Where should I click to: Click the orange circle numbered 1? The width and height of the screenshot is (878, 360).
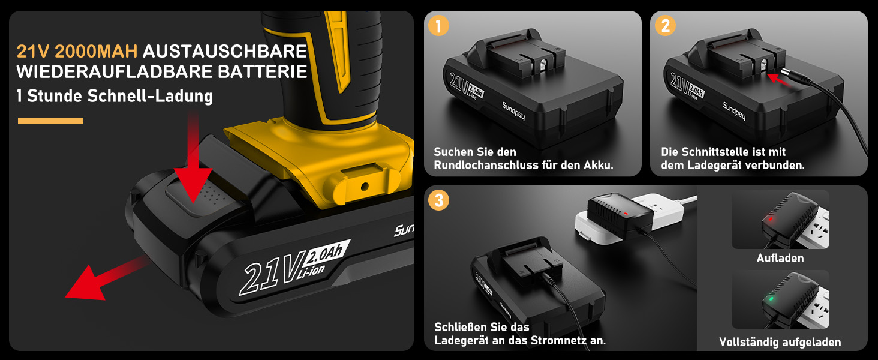point(438,26)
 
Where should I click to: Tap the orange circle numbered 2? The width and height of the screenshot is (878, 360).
point(665,26)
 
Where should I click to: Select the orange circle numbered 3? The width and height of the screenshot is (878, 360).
point(438,200)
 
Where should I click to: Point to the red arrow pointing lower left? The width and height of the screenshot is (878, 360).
point(106,278)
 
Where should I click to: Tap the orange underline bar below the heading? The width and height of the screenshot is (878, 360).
point(50,121)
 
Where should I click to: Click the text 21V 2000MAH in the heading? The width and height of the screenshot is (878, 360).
point(77,52)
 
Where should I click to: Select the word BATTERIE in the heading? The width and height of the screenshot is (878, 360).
point(262,72)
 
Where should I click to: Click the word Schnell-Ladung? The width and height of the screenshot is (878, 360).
point(150,96)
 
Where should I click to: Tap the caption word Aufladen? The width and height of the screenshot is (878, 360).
point(780,258)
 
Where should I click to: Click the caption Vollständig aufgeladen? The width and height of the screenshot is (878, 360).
point(780,343)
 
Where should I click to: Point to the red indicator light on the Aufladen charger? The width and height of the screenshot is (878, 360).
point(771,219)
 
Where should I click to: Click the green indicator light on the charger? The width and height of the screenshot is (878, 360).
point(771,299)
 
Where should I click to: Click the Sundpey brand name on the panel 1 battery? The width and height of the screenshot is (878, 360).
point(513,111)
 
